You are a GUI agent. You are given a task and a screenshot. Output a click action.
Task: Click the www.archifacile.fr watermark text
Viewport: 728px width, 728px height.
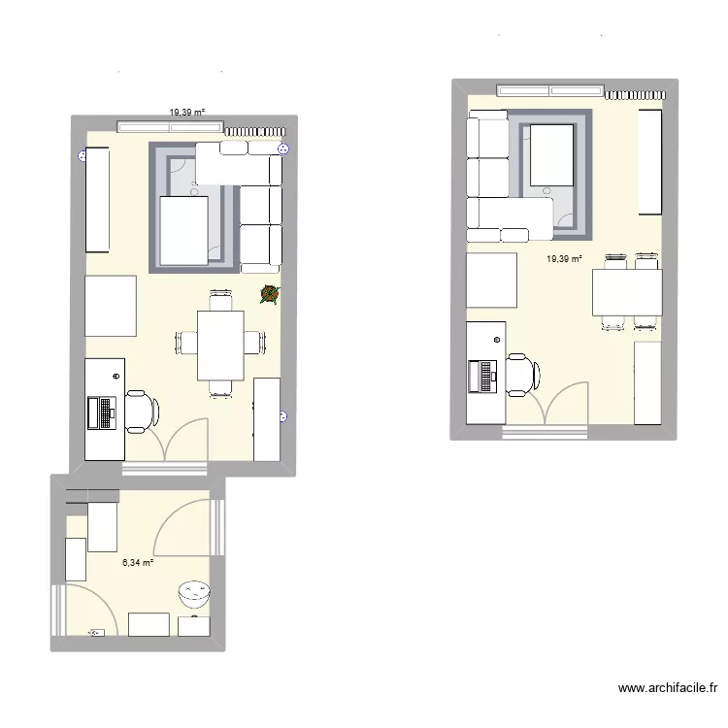(668, 688)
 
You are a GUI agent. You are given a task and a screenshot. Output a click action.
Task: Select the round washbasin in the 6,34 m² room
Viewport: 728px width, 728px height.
(194, 591)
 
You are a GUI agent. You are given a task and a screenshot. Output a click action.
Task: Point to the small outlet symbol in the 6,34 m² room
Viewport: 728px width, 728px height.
(96, 633)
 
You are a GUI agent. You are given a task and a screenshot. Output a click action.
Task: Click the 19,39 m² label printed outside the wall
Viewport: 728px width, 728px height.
(186, 113)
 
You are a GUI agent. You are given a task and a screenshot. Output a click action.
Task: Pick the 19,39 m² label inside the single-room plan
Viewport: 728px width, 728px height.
(563, 259)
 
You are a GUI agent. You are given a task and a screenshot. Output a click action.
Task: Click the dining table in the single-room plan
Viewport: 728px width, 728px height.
(627, 292)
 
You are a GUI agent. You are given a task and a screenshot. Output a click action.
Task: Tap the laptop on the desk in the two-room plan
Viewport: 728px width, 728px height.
(101, 412)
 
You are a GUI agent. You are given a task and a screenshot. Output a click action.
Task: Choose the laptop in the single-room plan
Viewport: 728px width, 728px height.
(482, 376)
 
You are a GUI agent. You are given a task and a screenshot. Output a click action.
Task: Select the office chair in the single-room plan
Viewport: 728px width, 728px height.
(520, 375)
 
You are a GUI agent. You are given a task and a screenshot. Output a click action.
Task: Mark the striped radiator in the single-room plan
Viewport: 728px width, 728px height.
(636, 94)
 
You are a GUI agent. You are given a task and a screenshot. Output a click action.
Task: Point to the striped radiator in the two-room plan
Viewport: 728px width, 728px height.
(256, 130)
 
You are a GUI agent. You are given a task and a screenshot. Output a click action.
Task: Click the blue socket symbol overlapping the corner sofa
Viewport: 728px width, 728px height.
(283, 149)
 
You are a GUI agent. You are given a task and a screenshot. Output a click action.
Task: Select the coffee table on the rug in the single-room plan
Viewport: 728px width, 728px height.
(551, 157)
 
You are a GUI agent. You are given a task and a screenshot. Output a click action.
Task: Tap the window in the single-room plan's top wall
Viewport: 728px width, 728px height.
(551, 91)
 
